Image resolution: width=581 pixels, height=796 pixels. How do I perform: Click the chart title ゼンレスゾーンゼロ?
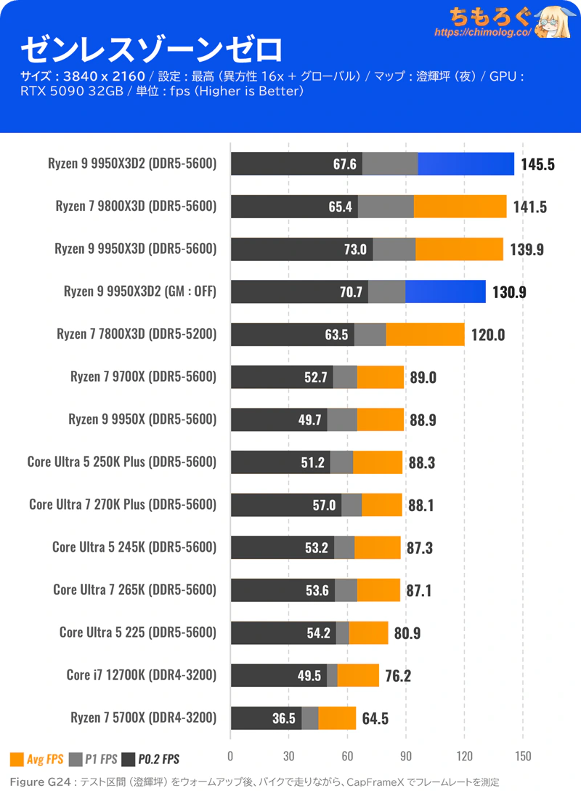[151, 49]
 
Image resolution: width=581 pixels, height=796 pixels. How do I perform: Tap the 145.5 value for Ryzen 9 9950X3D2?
[538, 164]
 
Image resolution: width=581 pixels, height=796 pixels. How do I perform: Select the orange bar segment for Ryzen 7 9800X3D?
[460, 206]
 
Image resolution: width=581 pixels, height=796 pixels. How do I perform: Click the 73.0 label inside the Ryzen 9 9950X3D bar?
[355, 249]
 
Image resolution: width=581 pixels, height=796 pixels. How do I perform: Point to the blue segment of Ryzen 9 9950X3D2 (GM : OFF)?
[445, 292]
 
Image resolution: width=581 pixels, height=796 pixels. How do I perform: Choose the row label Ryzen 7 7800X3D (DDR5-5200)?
[137, 334]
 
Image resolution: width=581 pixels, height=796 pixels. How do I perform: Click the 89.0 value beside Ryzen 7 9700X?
[423, 377]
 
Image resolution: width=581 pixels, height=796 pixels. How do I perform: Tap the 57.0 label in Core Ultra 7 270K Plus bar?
[324, 505]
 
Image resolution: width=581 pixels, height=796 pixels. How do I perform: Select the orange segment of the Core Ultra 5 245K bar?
[377, 548]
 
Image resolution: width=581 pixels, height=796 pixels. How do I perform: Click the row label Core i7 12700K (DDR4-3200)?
[142, 675]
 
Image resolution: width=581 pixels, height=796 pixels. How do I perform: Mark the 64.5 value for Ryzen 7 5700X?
[375, 718]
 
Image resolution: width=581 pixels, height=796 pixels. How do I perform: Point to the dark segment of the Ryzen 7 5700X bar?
[266, 718]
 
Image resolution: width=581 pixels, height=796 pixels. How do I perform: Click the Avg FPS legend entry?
[37, 759]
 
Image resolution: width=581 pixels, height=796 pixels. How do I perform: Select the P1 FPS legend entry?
[93, 759]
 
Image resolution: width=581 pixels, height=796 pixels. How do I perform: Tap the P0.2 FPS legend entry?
[150, 759]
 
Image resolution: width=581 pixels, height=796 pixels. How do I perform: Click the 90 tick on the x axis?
[405, 757]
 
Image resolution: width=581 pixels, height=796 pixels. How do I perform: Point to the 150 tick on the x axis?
[523, 757]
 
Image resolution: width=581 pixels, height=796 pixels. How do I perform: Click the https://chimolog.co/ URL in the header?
[483, 32]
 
